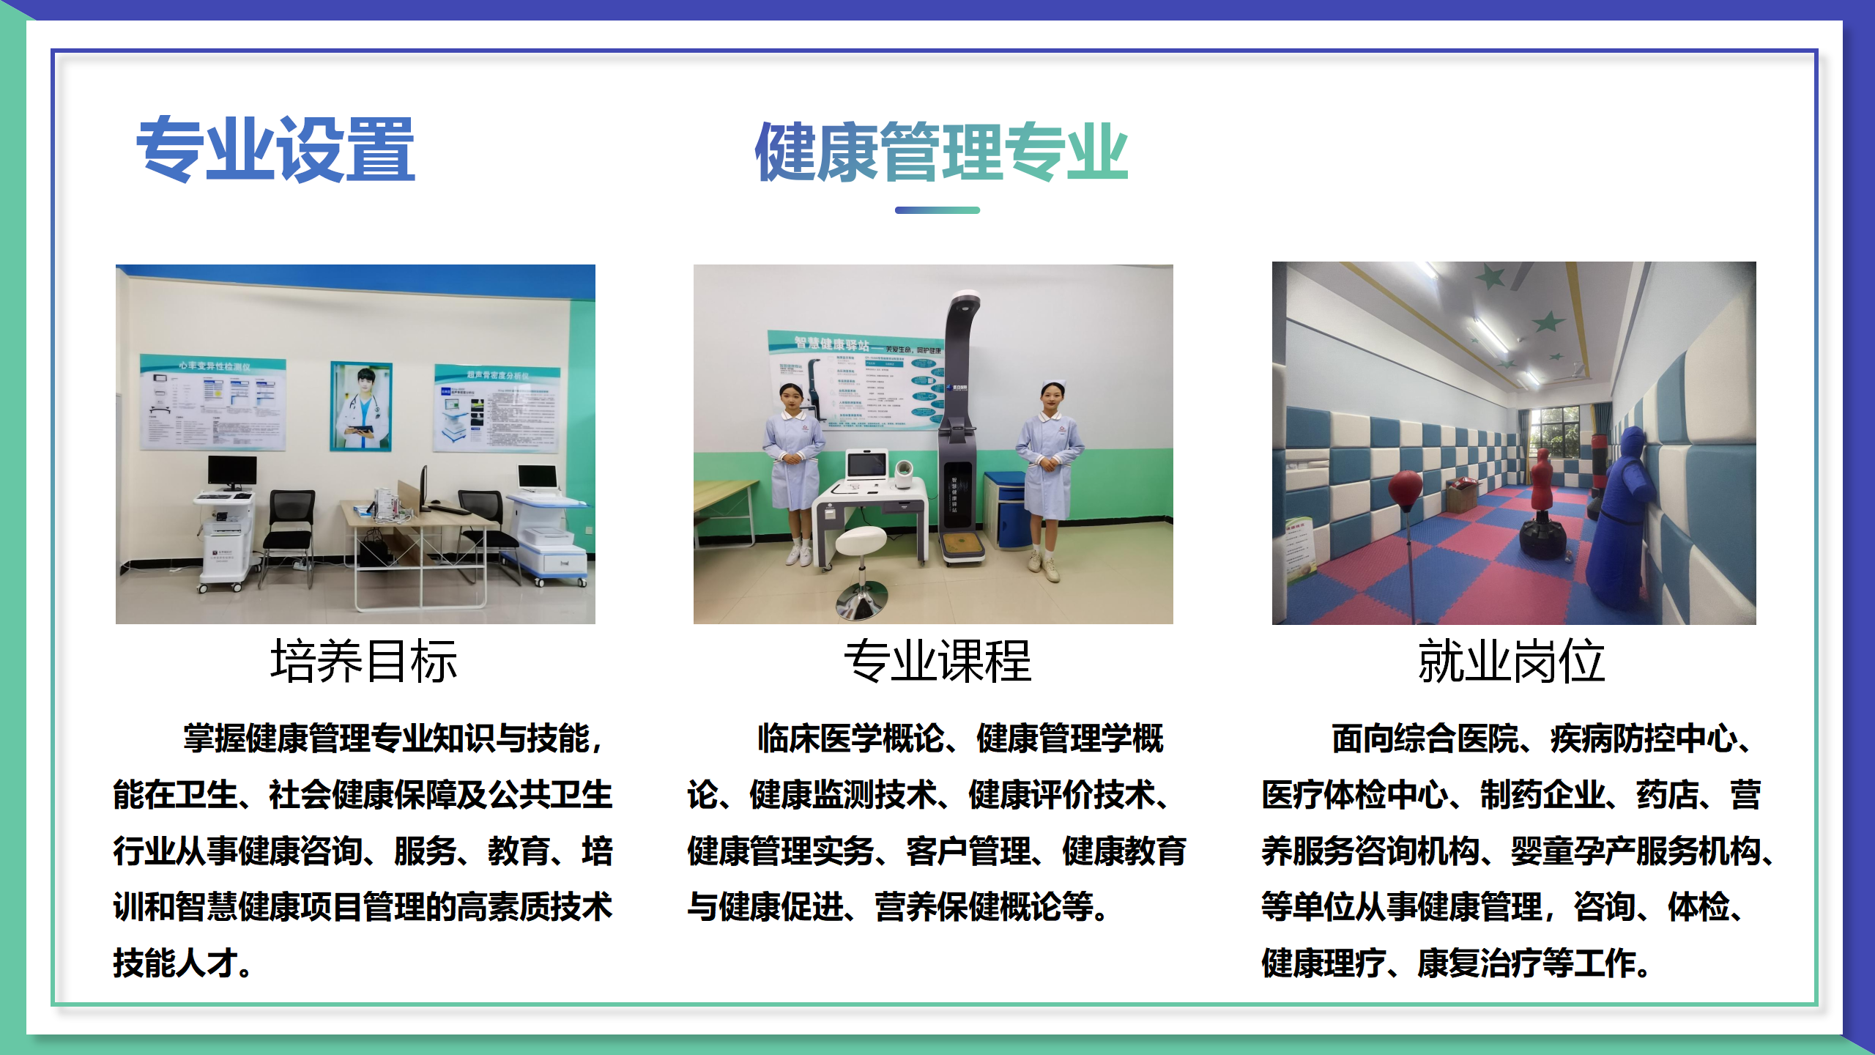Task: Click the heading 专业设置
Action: [275, 149]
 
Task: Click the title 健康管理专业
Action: [940, 152]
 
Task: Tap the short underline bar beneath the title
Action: [937, 210]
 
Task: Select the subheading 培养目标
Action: [363, 661]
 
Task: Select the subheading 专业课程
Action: [937, 661]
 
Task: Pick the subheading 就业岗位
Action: [1511, 661]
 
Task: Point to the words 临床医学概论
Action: [850, 738]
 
